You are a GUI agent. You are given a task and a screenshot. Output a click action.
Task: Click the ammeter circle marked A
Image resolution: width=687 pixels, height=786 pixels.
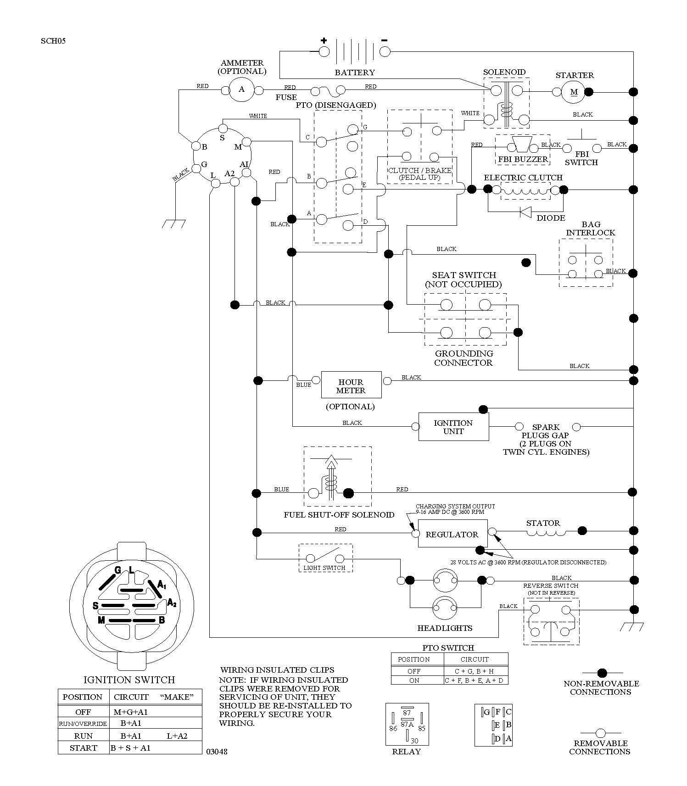pos(242,90)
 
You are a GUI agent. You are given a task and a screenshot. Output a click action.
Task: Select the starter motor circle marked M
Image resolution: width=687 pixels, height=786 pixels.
pos(574,92)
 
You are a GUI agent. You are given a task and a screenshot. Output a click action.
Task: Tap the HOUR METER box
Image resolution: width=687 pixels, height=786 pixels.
pos(351,385)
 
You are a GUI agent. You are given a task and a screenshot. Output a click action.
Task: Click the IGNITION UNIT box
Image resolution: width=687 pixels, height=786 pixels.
pos(453,427)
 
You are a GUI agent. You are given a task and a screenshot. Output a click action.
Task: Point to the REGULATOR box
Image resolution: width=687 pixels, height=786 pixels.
pos(452,534)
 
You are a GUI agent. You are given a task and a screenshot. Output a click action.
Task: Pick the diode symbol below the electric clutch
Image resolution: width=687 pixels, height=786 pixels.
pos(525,212)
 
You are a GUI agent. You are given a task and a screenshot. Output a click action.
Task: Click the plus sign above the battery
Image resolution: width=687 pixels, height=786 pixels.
pos(324,40)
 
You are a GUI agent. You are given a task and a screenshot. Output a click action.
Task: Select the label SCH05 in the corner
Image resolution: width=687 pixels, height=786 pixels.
pos(53,41)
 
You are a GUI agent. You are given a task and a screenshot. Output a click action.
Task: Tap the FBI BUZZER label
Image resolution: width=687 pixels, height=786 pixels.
pos(523,160)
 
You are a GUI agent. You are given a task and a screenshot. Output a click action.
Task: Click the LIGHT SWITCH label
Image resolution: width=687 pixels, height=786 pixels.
pos(324,568)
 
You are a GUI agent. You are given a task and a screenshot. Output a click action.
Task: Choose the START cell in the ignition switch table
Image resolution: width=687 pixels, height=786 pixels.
pos(84,748)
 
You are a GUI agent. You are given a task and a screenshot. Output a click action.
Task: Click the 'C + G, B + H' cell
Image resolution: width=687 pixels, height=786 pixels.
pos(475,671)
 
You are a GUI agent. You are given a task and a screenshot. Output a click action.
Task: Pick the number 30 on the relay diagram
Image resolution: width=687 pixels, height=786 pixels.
pos(414,741)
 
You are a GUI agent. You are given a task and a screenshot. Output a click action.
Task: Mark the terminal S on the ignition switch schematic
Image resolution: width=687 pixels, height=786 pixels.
pos(223,137)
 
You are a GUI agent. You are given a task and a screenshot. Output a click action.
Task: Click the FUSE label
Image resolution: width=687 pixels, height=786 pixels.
pos(286,97)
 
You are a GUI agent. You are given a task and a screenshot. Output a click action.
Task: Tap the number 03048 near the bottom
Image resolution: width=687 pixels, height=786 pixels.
pos(217,752)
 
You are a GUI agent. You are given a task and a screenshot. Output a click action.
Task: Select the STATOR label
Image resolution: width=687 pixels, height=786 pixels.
pos(543,523)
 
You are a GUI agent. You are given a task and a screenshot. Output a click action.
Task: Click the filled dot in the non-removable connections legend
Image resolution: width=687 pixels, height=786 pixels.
pos(601,673)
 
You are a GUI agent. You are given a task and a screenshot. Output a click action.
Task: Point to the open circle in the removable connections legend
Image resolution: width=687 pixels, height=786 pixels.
pos(600,733)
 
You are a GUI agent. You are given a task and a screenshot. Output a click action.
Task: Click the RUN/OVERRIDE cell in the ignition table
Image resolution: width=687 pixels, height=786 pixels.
pos(83,724)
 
